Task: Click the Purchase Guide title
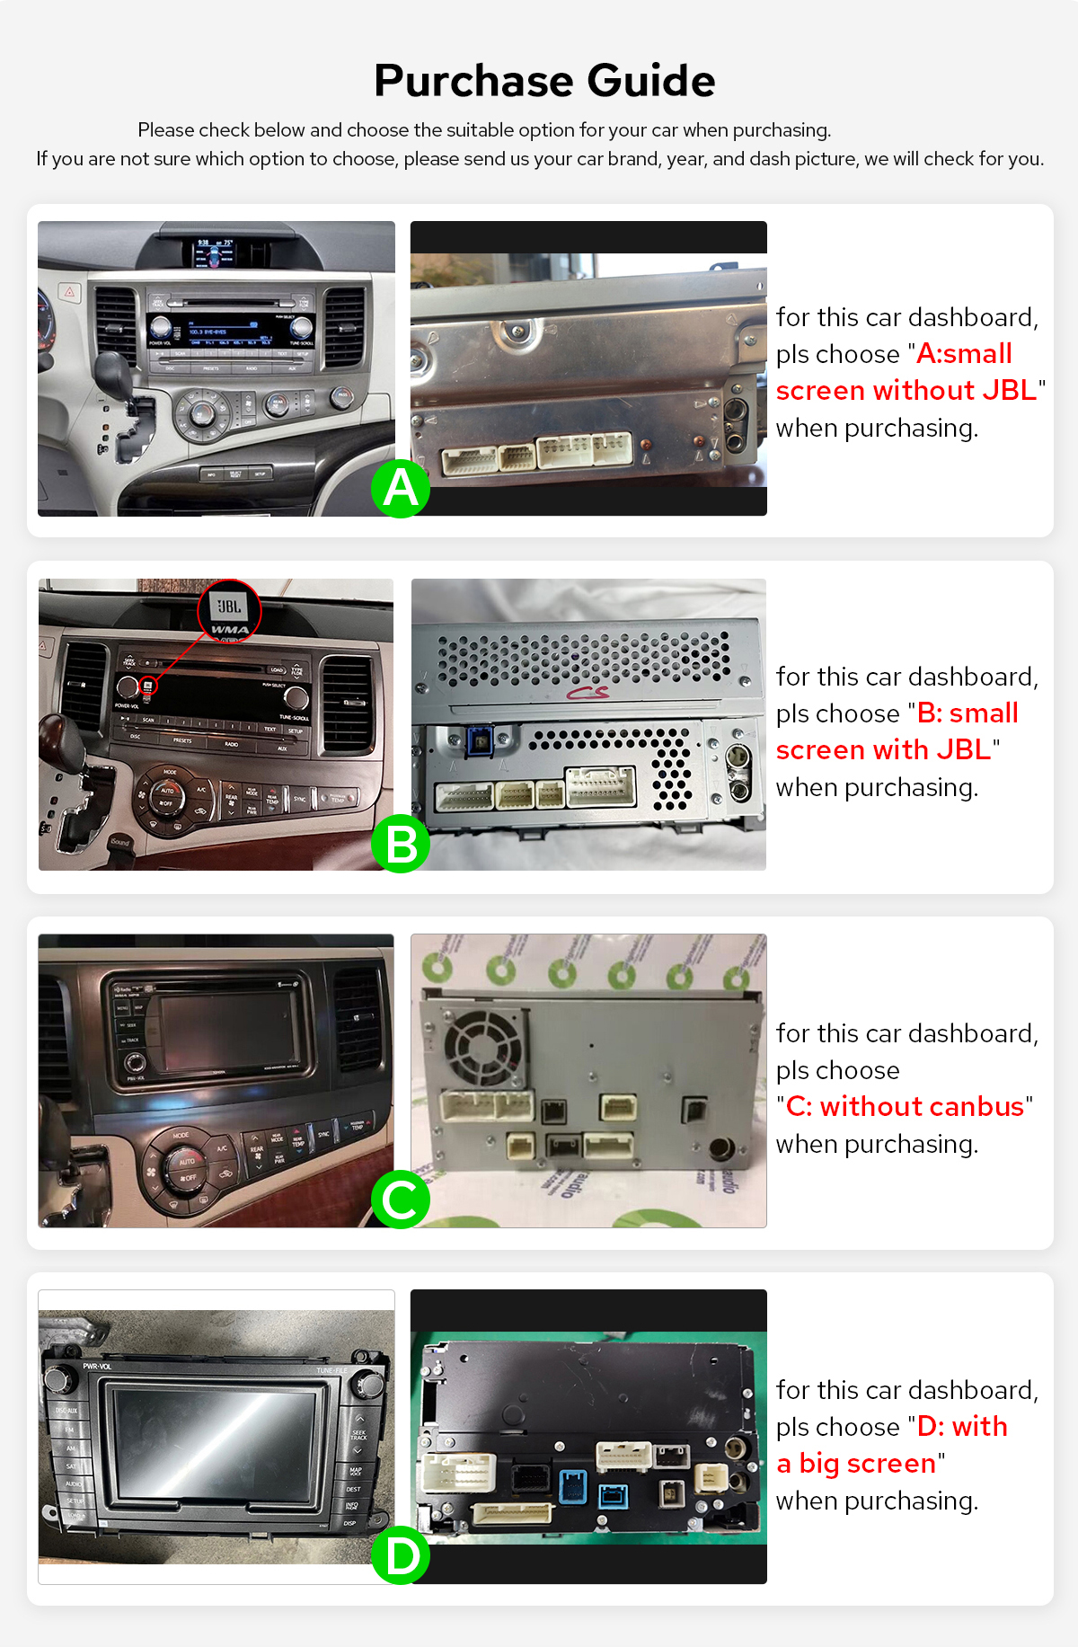tap(544, 81)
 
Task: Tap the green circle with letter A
tap(401, 489)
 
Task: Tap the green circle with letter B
tap(401, 845)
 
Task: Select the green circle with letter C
tap(401, 1200)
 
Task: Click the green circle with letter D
tap(401, 1555)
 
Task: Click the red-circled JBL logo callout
tap(229, 611)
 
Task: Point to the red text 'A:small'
tap(964, 354)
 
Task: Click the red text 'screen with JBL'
tap(883, 750)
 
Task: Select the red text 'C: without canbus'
tap(904, 1107)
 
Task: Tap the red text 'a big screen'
tap(856, 1464)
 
